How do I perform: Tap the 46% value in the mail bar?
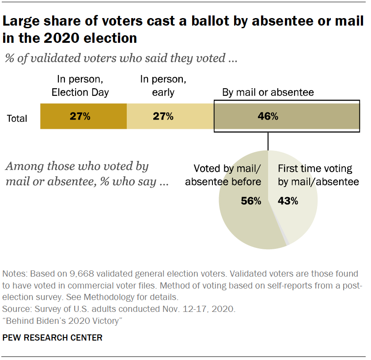[x=268, y=116]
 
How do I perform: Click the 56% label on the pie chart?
[x=251, y=201]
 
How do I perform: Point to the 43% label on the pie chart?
[x=288, y=201]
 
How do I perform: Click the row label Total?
[x=17, y=118]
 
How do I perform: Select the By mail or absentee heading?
[x=268, y=92]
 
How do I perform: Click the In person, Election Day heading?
[x=80, y=86]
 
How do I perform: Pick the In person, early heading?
[x=163, y=86]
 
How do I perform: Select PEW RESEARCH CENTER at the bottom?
[x=53, y=338]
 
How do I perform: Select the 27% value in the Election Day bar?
[x=80, y=116]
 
